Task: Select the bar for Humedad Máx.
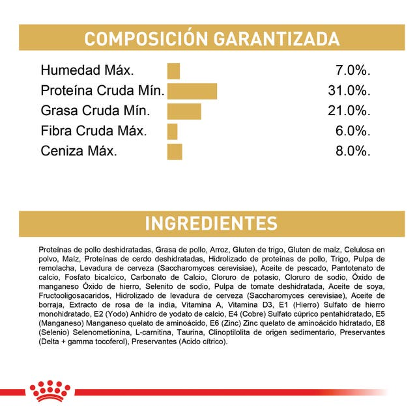(x=173, y=71)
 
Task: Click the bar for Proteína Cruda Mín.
(x=192, y=91)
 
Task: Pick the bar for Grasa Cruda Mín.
(x=184, y=111)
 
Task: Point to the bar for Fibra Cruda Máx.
(x=172, y=131)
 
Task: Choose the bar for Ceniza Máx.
(x=174, y=152)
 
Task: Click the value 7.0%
(x=352, y=71)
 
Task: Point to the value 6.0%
(x=352, y=131)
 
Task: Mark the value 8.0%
(x=352, y=152)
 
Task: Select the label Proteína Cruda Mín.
(x=102, y=91)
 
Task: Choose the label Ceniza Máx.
(x=79, y=152)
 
